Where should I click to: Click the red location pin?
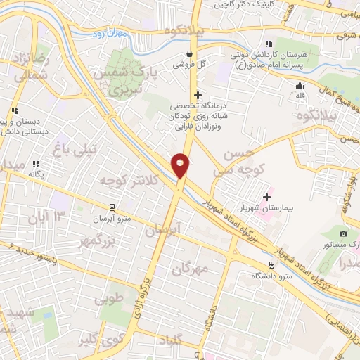[x=181, y=165]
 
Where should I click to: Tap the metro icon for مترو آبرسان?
[x=112, y=207]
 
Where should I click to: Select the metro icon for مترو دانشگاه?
[x=271, y=264]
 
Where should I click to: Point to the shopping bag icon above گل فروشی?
[x=188, y=53]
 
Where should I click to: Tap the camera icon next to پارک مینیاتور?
[x=343, y=233]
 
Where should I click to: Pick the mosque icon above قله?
[x=300, y=86]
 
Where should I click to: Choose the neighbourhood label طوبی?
[x=109, y=298]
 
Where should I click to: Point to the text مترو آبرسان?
[x=112, y=218]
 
